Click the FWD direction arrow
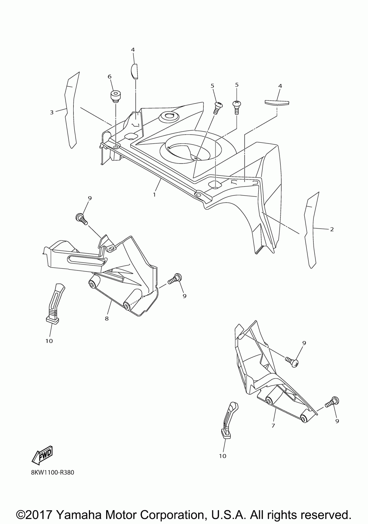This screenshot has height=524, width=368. point(43,455)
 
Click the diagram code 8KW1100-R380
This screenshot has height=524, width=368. point(53,472)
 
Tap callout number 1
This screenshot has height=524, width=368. point(154,194)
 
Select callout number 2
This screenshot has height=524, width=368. point(332,229)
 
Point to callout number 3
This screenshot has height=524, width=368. point(52,112)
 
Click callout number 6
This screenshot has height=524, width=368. point(110,76)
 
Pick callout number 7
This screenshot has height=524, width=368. point(273,425)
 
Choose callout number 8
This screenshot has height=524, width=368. point(107,318)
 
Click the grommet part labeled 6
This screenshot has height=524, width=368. point(115,96)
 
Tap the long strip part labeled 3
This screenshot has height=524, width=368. point(71,111)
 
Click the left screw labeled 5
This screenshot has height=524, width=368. point(218,107)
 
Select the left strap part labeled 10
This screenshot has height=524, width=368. point(54,303)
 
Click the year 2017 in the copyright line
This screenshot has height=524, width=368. point(40,514)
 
